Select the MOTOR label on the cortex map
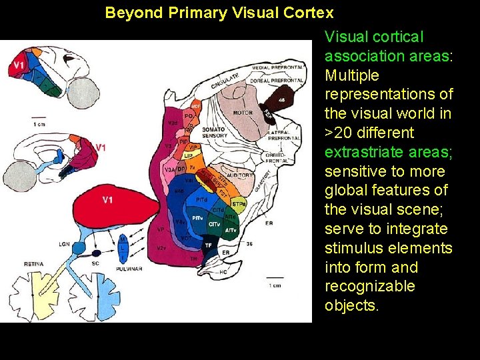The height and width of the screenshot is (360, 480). pyautogui.click(x=243, y=113)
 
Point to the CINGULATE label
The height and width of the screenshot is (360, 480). pyautogui.click(x=225, y=82)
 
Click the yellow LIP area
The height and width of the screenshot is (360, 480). pyautogui.click(x=189, y=156)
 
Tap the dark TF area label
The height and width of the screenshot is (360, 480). pyautogui.click(x=208, y=245)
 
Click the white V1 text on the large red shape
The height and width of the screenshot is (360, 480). pyautogui.click(x=107, y=199)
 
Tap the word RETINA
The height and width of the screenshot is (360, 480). pyautogui.click(x=34, y=264)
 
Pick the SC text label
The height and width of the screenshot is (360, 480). pyautogui.click(x=96, y=264)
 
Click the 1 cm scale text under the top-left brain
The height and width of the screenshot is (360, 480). pyautogui.click(x=39, y=125)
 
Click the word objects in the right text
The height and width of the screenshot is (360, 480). pyautogui.click(x=351, y=305)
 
